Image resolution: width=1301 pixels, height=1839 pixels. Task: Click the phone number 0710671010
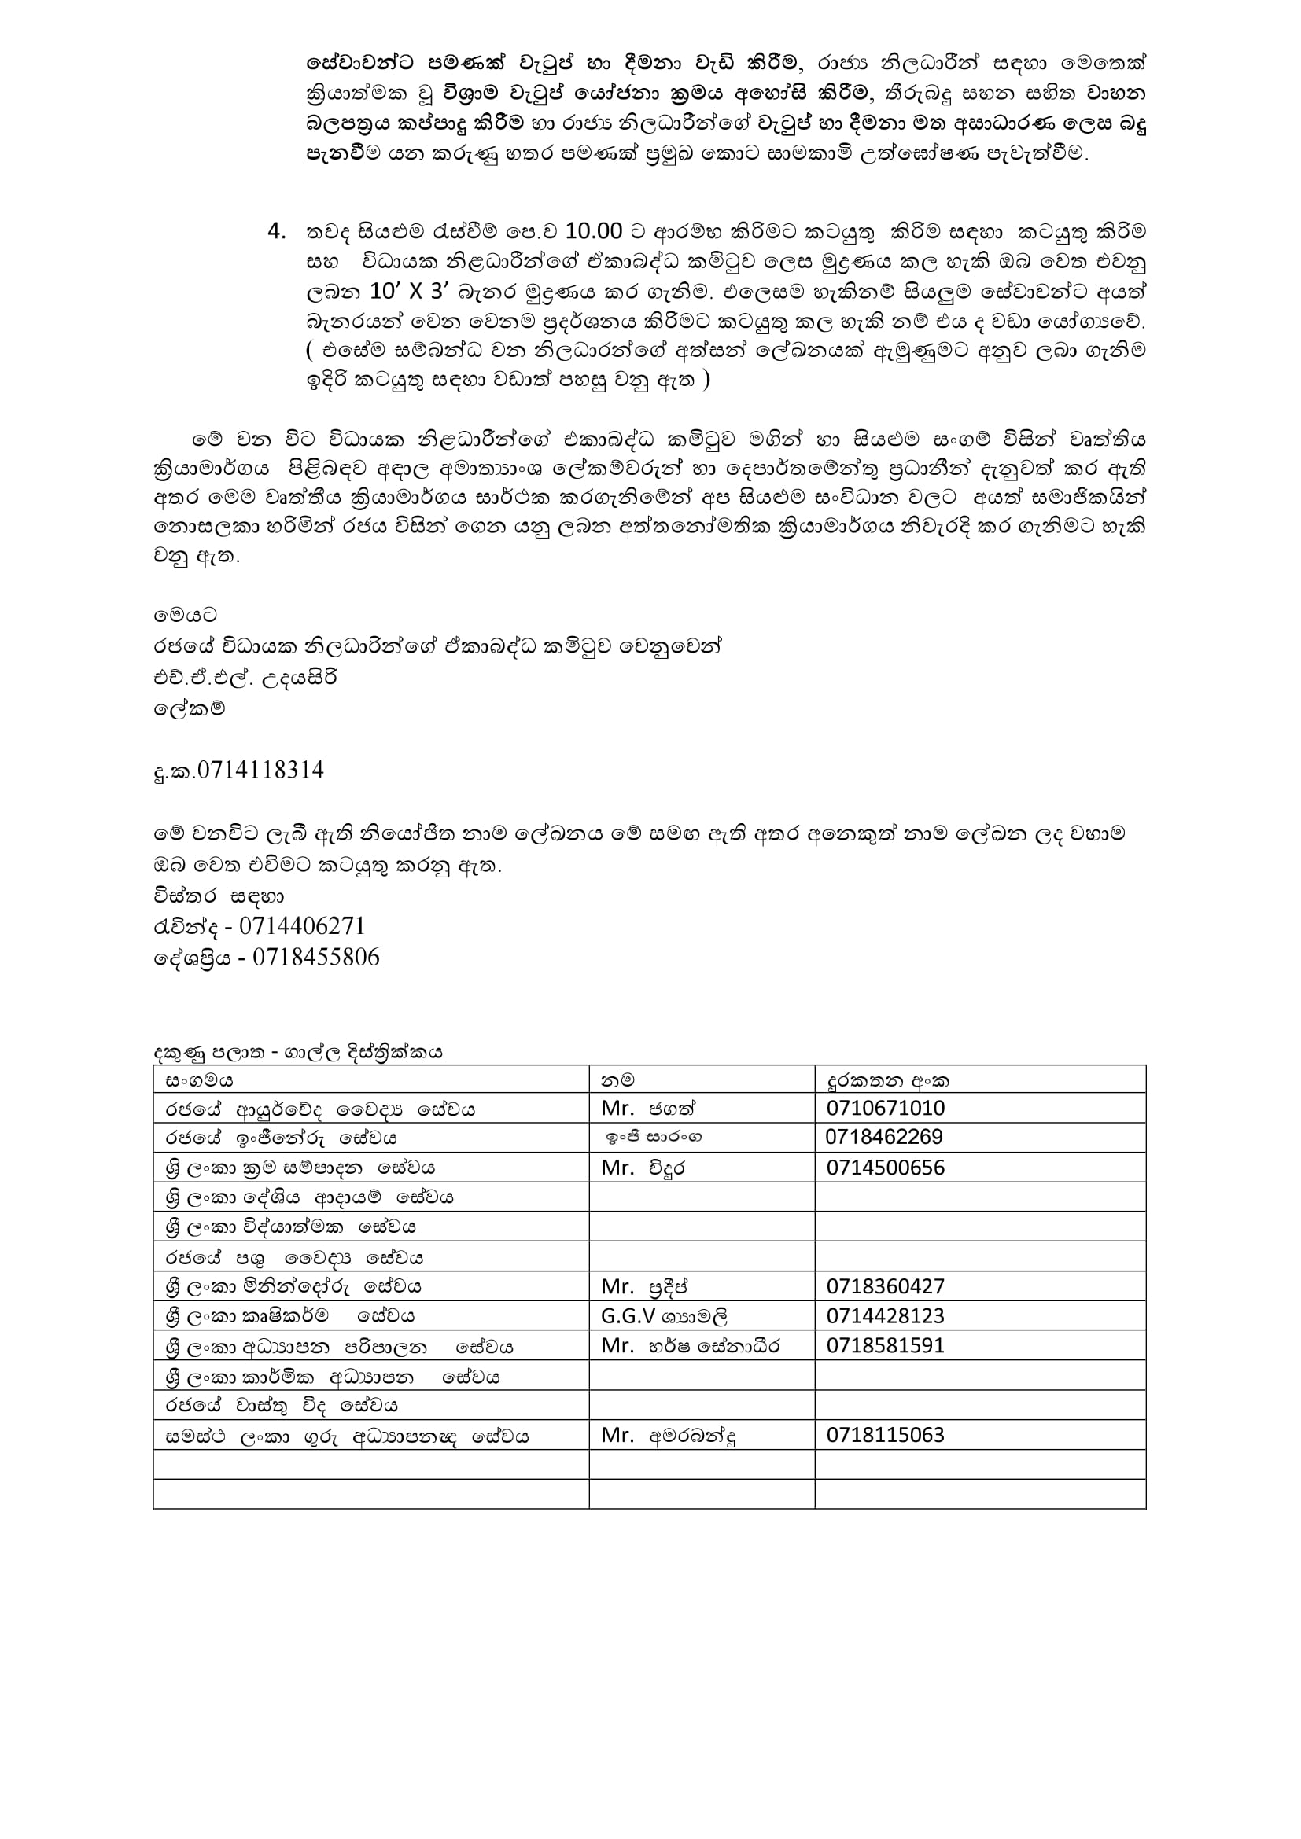885,1109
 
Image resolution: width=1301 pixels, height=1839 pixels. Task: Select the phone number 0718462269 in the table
883,1138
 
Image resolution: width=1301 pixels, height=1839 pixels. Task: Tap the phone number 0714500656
885,1168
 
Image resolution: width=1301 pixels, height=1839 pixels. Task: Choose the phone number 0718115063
885,1435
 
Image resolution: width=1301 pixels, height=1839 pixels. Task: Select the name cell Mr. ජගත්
649,1109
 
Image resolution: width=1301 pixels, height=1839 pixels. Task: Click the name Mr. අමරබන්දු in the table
669,1435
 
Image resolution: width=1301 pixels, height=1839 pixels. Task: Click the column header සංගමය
200,1079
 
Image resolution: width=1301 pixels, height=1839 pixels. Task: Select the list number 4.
276,231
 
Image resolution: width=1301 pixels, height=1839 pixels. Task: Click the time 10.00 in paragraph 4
594,231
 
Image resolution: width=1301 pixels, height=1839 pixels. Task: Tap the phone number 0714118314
260,771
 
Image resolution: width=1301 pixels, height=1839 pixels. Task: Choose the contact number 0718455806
315,957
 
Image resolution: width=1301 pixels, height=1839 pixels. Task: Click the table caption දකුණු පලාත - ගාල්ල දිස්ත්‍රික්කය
298,1052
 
